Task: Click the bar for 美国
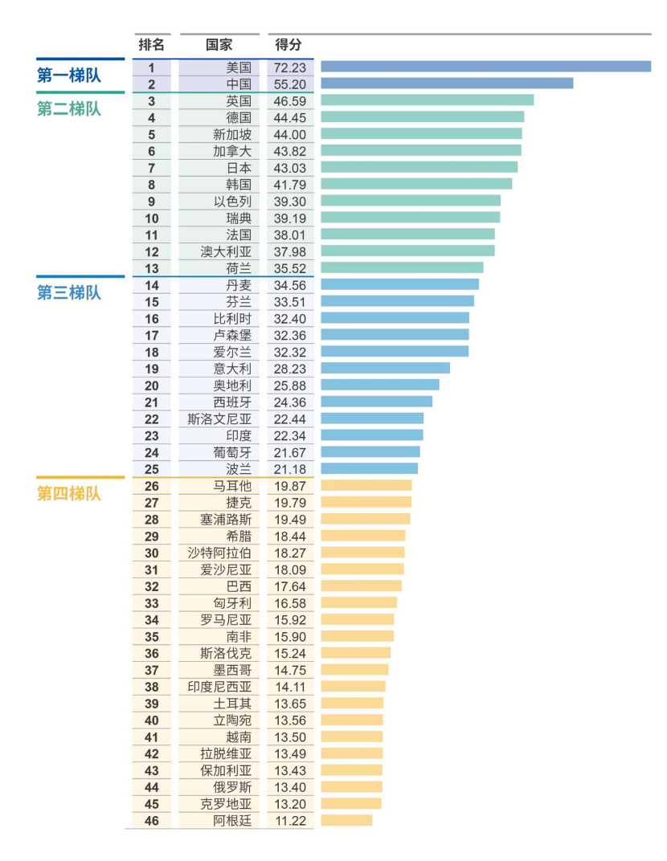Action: pyautogui.click(x=485, y=67)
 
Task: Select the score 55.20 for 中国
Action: pyautogui.click(x=290, y=84)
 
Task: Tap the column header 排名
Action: pyautogui.click(x=151, y=45)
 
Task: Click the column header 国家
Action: pyautogui.click(x=219, y=45)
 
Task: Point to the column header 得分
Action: pyautogui.click(x=288, y=45)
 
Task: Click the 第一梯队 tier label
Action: pyautogui.click(x=69, y=75)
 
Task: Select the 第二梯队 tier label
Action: pyautogui.click(x=69, y=108)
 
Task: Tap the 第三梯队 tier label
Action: pyautogui.click(x=69, y=293)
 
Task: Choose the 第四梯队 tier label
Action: pyautogui.click(x=69, y=494)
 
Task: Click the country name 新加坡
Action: pyautogui.click(x=231, y=134)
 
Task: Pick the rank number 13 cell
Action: pyautogui.click(x=152, y=268)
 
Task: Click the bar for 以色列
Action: pyautogui.click(x=410, y=201)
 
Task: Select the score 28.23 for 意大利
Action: pyautogui.click(x=290, y=369)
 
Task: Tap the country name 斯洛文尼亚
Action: pyautogui.click(x=219, y=419)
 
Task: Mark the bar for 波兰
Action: pyautogui.click(x=369, y=469)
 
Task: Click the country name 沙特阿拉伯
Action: pyautogui.click(x=219, y=553)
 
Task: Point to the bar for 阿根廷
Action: pyautogui.click(x=346, y=820)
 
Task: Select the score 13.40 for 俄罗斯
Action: pyautogui.click(x=290, y=787)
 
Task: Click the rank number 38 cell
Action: pyautogui.click(x=152, y=687)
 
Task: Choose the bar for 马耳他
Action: pyautogui.click(x=366, y=486)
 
